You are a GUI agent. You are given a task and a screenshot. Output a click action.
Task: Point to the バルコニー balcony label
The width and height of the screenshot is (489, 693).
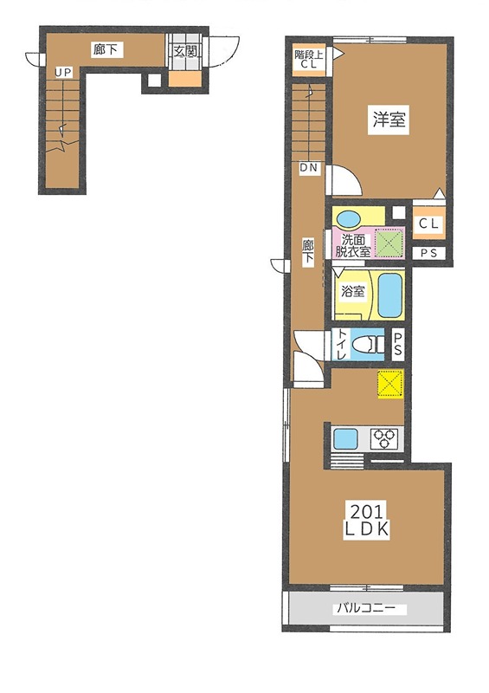coord(367,608)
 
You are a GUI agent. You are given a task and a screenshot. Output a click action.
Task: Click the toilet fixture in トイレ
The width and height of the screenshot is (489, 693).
coord(370,344)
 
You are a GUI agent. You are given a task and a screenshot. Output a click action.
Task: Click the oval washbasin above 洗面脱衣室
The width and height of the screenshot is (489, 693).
coord(351,217)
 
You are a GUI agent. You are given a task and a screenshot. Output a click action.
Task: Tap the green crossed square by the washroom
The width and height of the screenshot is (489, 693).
coord(389,242)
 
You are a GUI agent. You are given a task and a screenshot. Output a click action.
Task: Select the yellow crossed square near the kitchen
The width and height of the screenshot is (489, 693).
coord(390,382)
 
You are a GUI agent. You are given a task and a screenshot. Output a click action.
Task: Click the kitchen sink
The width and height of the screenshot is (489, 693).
coord(348,437)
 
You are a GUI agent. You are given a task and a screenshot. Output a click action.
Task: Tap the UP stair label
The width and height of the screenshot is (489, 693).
coord(62,73)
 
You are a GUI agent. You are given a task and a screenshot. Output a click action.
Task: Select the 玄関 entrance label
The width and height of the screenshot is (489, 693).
coord(185,51)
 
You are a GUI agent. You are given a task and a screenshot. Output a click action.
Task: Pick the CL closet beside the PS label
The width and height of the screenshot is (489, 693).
coord(428,224)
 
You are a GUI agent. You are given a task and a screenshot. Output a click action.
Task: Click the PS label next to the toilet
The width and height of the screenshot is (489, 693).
coord(398,344)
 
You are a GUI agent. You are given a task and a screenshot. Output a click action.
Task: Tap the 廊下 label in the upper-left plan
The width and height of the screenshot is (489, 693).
coord(103,51)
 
